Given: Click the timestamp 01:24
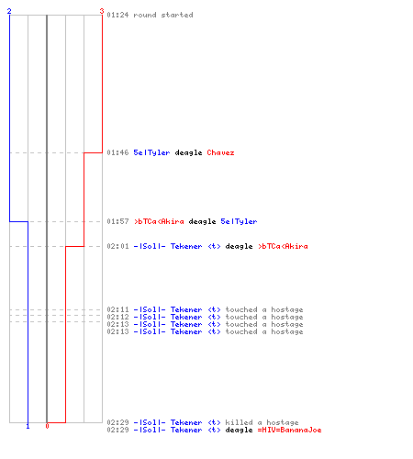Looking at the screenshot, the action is tap(117, 15).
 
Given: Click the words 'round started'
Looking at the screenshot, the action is tap(163, 15).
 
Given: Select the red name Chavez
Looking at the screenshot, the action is tap(220, 152).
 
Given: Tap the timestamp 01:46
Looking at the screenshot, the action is tap(117, 152).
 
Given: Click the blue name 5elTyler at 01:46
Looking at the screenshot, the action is tap(151, 152).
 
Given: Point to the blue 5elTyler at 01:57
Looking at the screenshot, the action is tap(239, 221).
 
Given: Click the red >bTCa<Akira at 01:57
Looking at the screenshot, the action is tap(159, 221).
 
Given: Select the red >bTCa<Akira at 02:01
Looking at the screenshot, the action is tap(283, 246).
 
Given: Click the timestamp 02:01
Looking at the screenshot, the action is tap(117, 246).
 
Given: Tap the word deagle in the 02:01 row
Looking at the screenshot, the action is tap(239, 246).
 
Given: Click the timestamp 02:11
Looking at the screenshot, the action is tap(117, 309).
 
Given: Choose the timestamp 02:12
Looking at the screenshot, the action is tap(117, 317).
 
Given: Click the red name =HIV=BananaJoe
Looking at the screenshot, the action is tap(289, 430).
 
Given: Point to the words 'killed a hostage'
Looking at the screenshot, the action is tap(262, 422).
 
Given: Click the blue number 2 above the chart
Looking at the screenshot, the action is tap(9, 11).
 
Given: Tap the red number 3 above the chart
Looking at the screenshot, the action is tap(102, 11).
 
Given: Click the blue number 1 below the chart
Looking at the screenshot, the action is tap(28, 426).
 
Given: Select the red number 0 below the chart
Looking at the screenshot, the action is tap(47, 426).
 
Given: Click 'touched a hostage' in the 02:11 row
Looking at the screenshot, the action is tap(264, 309).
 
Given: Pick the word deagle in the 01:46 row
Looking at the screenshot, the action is tap(188, 152).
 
